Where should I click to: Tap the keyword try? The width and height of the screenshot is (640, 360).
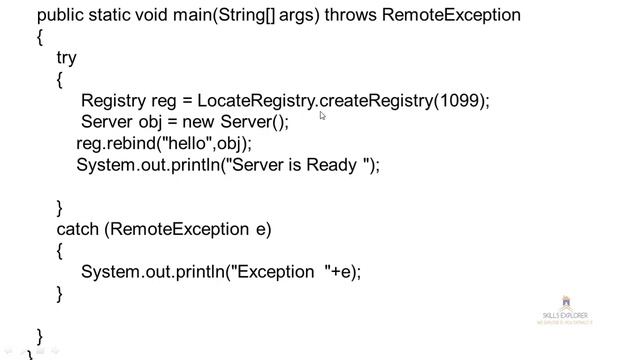click(67, 59)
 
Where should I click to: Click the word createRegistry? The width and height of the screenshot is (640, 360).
click(376, 101)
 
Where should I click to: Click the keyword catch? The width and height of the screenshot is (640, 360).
click(77, 229)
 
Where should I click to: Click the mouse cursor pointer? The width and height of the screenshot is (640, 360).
click(322, 116)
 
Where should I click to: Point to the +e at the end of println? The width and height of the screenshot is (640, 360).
click(345, 271)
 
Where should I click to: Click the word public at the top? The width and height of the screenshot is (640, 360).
click(60, 16)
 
